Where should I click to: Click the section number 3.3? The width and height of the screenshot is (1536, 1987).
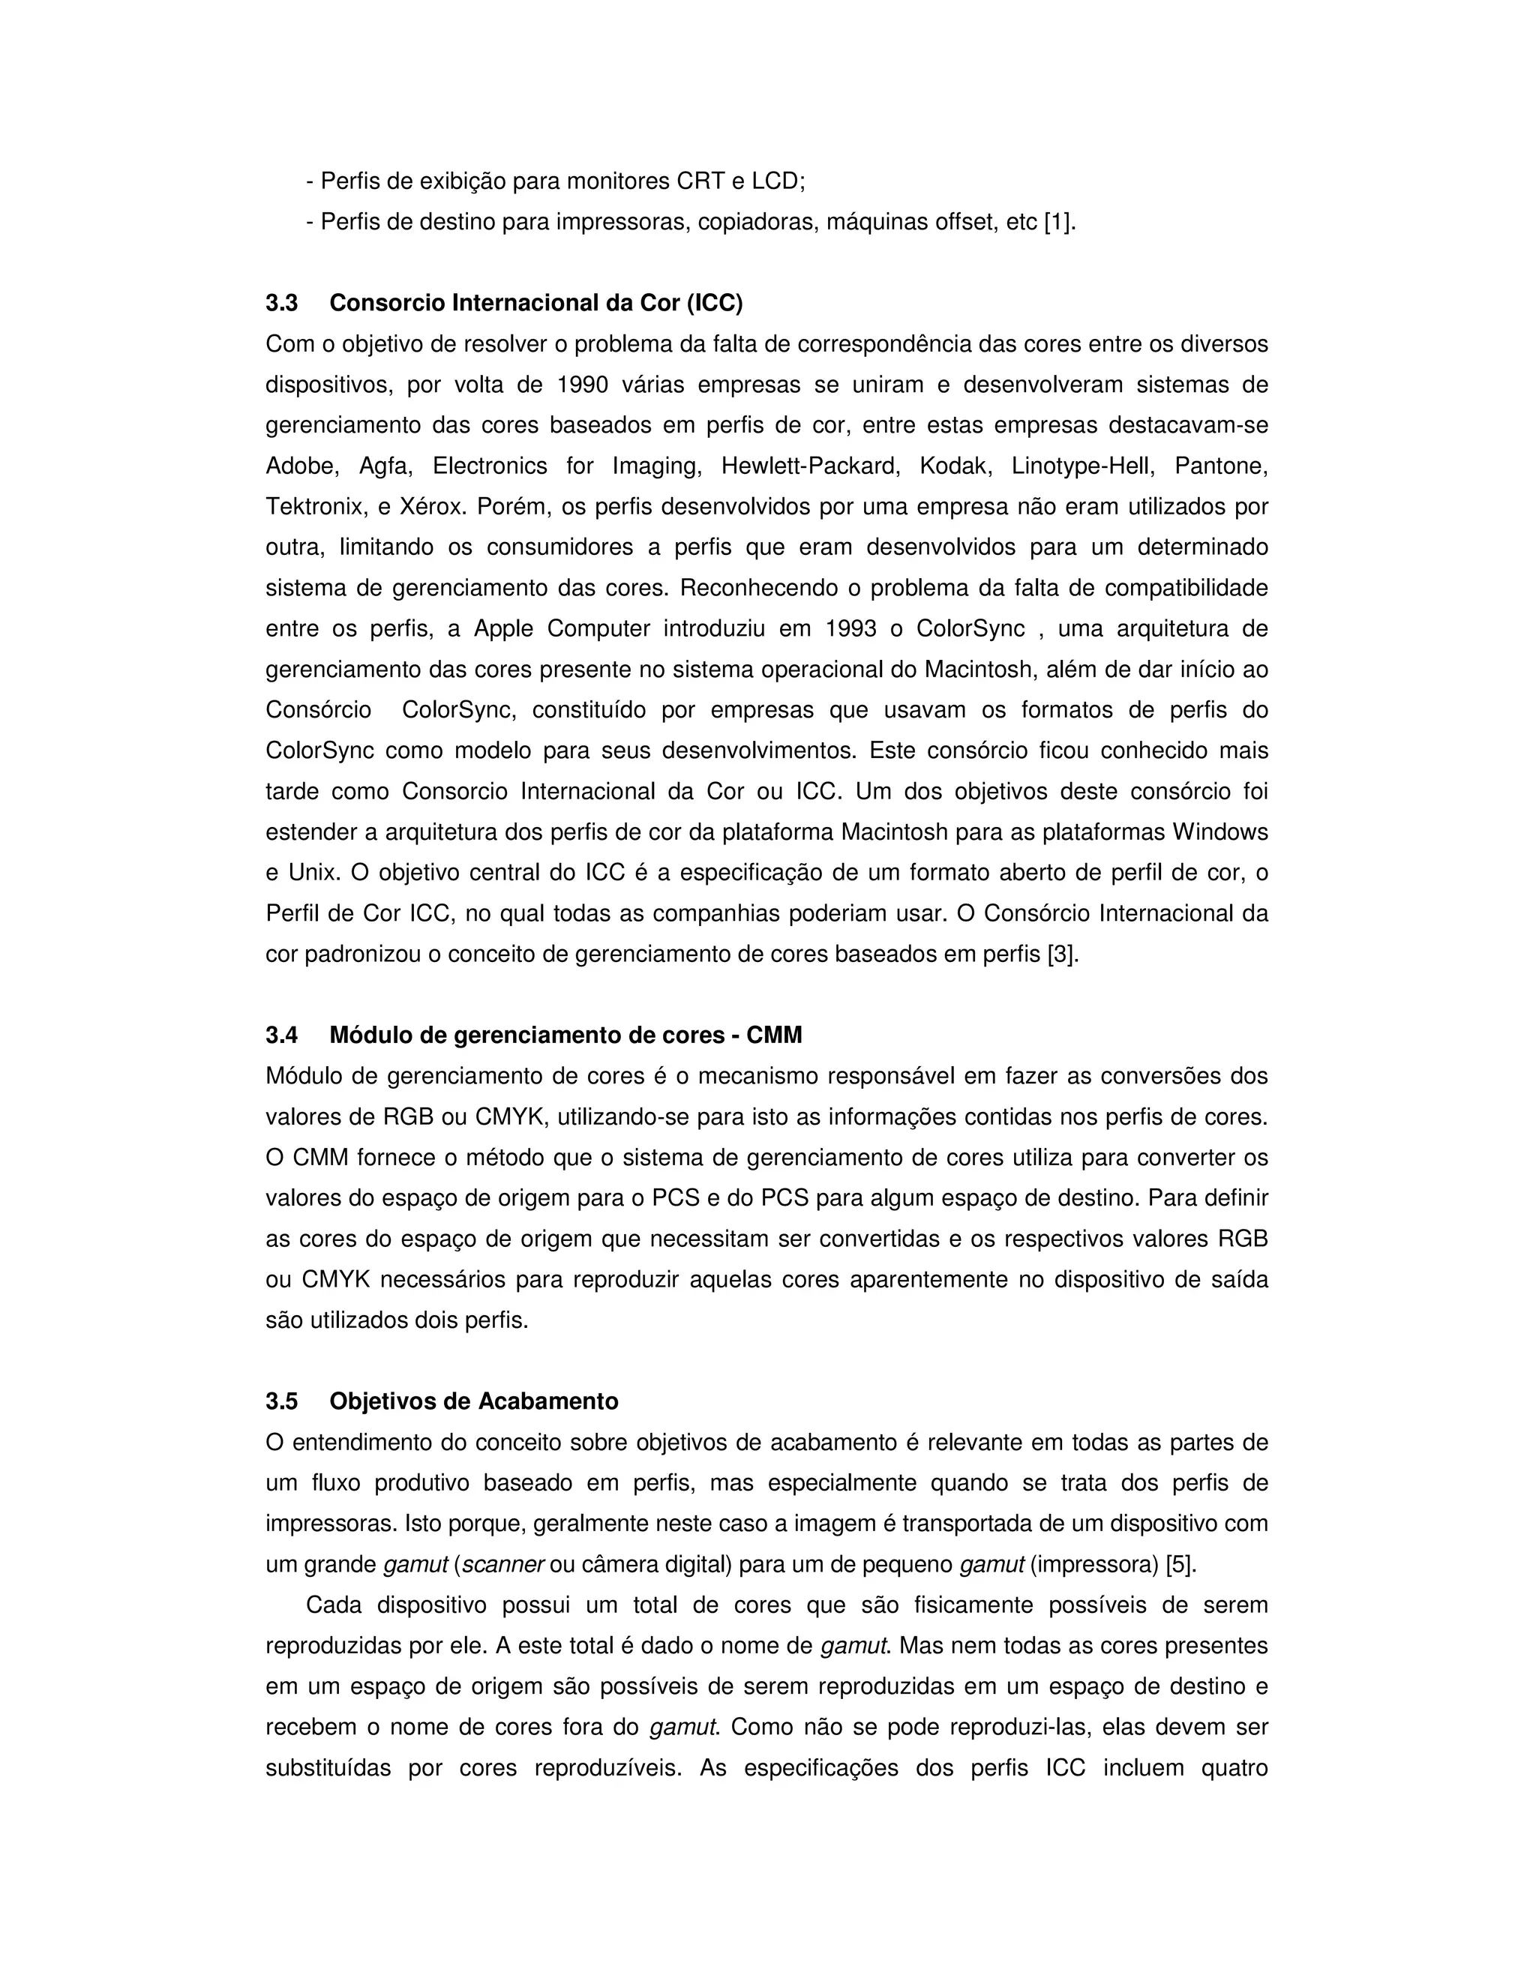pyautogui.click(x=281, y=303)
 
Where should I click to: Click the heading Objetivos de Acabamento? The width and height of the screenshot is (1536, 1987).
pyautogui.click(x=473, y=1401)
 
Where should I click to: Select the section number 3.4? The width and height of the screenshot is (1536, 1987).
pyautogui.click(x=281, y=1035)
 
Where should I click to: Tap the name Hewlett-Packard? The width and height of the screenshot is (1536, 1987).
pyautogui.click(x=810, y=466)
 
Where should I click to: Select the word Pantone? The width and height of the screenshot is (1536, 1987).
pyautogui.click(x=1221, y=466)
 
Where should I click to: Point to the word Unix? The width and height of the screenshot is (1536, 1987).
pyautogui.click(x=313, y=874)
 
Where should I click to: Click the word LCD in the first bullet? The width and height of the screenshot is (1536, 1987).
pyautogui.click(x=775, y=181)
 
